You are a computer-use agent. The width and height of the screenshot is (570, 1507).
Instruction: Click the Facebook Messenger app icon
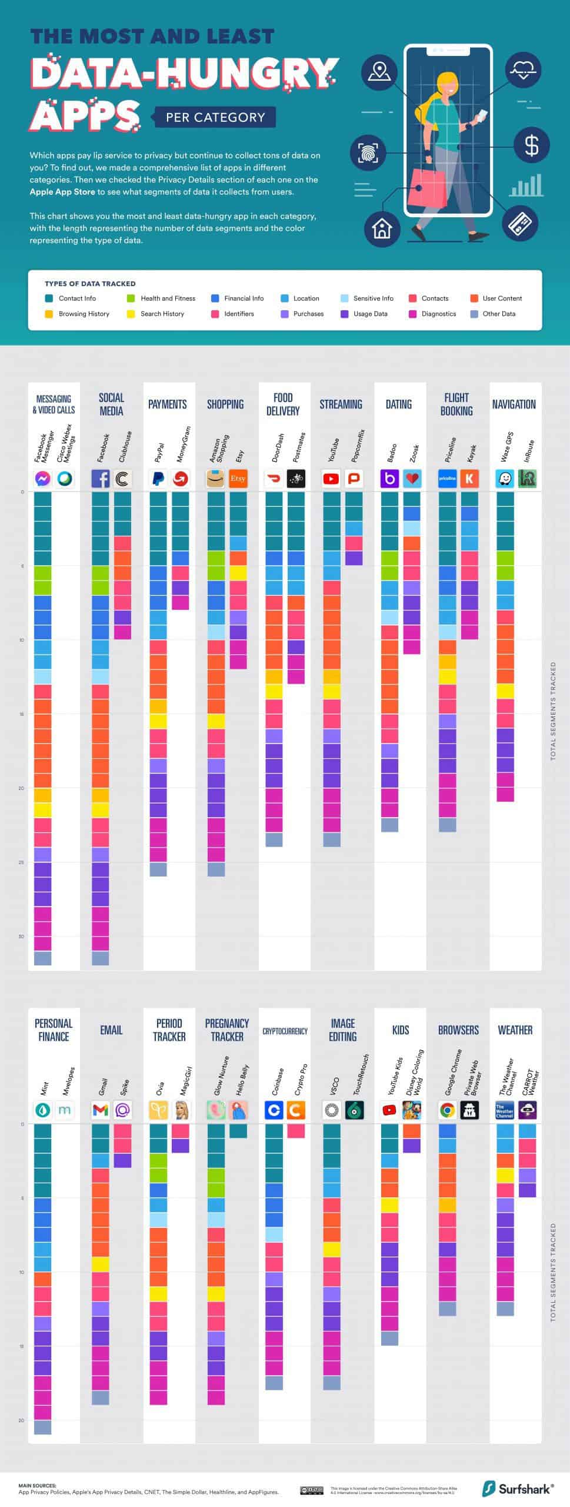42,479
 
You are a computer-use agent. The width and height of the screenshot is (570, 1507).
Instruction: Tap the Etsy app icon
238,479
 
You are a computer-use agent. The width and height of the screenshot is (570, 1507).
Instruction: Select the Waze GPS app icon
505,479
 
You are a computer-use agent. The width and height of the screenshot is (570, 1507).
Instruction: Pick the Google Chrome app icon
448,1110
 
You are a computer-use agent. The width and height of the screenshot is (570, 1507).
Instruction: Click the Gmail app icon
101,1110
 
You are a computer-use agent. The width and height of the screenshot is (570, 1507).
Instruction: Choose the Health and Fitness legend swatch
131,298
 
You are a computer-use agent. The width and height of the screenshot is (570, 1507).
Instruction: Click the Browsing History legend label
84,314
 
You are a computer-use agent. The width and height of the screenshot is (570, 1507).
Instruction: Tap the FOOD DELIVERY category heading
283,404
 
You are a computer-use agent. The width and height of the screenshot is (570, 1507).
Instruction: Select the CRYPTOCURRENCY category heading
285,1031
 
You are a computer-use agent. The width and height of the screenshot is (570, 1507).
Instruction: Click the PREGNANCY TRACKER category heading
227,1030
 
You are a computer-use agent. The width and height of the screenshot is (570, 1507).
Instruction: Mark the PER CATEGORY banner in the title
215,117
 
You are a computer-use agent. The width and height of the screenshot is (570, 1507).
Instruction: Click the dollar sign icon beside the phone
531,145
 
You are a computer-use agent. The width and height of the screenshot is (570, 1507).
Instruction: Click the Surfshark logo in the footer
518,1489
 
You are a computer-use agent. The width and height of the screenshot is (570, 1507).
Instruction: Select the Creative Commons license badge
311,1491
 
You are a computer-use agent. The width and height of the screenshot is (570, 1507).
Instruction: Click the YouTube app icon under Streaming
331,479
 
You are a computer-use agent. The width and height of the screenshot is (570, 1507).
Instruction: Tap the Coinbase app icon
274,1110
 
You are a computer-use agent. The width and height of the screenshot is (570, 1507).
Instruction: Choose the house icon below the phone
382,228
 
